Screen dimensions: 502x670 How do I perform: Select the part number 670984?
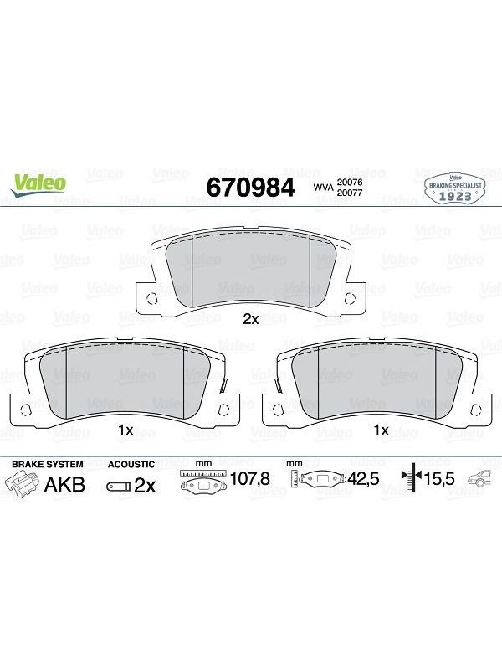click(250, 187)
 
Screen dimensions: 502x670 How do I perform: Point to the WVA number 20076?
click(350, 182)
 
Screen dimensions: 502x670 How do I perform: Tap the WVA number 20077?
click(350, 193)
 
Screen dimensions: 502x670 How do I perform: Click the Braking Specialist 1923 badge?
click(455, 189)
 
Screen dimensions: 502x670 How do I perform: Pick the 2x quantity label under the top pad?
click(250, 319)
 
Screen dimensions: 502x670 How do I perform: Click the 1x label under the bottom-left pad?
click(126, 430)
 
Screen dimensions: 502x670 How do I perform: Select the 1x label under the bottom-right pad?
click(382, 430)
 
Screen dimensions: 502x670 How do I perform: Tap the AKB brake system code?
click(65, 485)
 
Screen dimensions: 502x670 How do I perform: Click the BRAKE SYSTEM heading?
click(48, 464)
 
